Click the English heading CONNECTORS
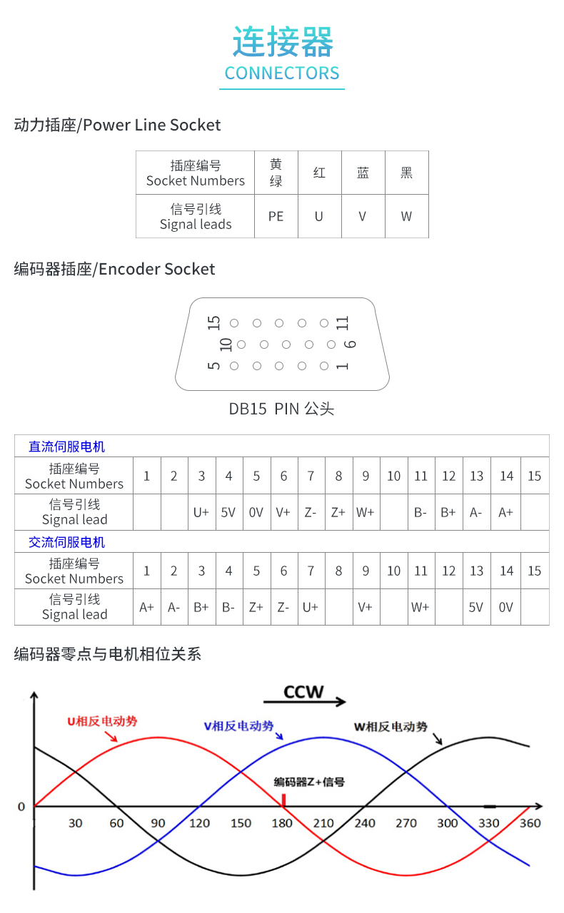(x=282, y=73)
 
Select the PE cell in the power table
(x=276, y=216)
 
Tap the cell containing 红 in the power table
(x=320, y=173)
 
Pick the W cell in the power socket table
(x=406, y=216)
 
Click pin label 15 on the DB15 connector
(x=214, y=323)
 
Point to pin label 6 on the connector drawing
(x=350, y=345)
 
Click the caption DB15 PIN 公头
(x=281, y=409)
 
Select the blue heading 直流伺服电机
(x=67, y=447)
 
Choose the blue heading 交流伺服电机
(x=67, y=542)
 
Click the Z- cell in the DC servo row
(x=311, y=512)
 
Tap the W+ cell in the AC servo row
(x=421, y=607)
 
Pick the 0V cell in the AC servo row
(x=505, y=607)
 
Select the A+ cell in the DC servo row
(x=505, y=512)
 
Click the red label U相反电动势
(x=102, y=721)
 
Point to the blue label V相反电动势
(x=238, y=726)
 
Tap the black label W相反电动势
(x=391, y=727)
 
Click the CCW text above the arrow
(x=303, y=692)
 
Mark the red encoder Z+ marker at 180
(x=284, y=800)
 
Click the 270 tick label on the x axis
(x=406, y=823)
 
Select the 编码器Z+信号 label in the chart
(x=309, y=782)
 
